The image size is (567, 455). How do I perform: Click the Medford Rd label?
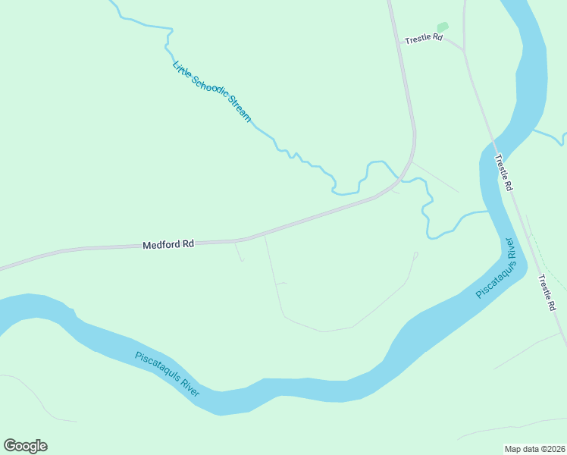(x=168, y=244)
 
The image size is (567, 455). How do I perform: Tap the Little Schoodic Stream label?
(x=211, y=91)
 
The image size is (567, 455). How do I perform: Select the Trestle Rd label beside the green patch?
(x=423, y=38)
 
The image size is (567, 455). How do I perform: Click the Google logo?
(x=25, y=446)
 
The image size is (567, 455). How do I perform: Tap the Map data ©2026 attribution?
(x=534, y=449)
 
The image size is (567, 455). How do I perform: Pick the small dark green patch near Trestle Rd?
(x=443, y=27)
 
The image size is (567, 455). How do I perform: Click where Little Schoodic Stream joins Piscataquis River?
(x=486, y=212)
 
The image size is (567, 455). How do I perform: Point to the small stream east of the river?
(x=550, y=136)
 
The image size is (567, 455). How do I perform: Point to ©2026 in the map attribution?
(x=551, y=449)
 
